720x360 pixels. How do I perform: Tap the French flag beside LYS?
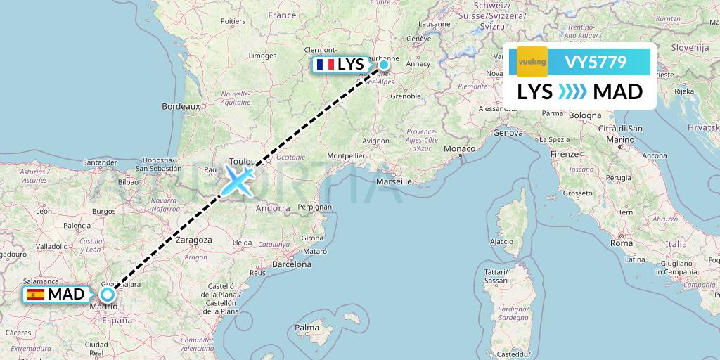pos(326,65)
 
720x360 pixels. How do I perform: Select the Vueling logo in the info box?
pos(532,62)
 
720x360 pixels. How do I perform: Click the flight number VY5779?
pos(596,62)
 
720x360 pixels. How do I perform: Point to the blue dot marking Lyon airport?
pos(384,65)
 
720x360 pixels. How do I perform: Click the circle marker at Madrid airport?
pos(107,295)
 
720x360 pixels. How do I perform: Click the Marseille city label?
pos(394,181)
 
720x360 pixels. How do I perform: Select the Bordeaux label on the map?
pos(181,106)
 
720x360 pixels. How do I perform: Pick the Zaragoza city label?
pos(193,240)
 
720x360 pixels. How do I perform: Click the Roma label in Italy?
pos(622,243)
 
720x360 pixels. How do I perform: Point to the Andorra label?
pos(272,208)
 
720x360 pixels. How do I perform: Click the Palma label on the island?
pos(307,328)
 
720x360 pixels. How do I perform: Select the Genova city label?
pos(508,132)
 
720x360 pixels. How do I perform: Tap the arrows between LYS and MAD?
pos(572,92)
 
